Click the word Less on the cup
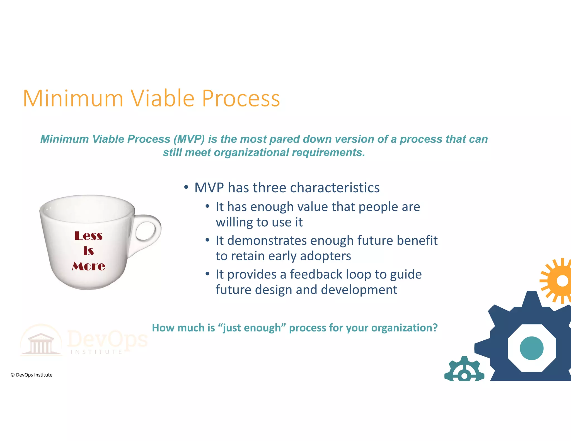point(88,236)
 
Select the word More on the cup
point(88,266)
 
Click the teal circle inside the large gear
point(531,348)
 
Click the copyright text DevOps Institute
point(32,375)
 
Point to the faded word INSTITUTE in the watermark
point(96,352)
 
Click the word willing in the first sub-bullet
point(234,222)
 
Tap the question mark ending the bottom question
point(435,328)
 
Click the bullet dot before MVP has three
point(186,187)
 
